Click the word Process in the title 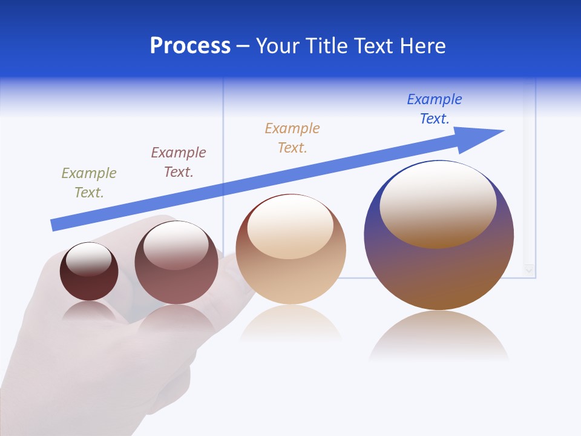point(190,46)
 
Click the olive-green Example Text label point(89,182)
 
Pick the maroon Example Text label point(179,162)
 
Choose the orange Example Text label point(292,137)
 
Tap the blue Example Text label point(435,108)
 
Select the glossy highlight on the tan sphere point(290,225)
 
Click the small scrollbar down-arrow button point(530,270)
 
